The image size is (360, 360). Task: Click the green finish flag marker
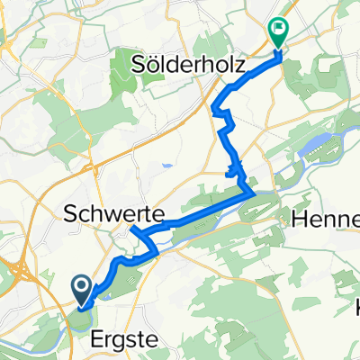tap(278, 32)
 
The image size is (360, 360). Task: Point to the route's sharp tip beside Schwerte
tap(131, 228)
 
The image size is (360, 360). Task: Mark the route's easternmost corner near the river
tap(253, 192)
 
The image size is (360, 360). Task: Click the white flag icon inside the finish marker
tap(279, 30)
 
